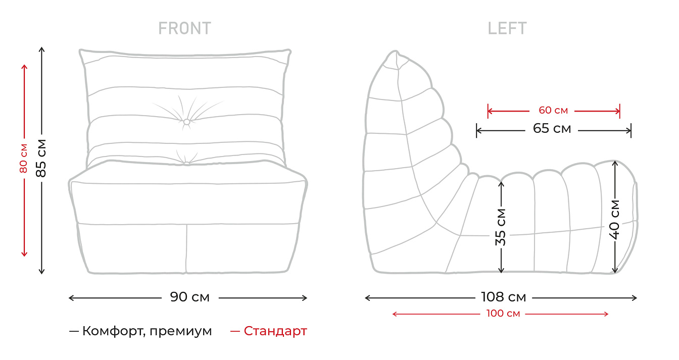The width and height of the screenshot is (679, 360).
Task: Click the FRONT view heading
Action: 185,28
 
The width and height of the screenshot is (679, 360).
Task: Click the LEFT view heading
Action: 507,28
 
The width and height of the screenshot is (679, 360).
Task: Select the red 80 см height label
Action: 24,158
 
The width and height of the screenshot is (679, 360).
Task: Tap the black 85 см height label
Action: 41,158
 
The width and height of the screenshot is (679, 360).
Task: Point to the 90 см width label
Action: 189,297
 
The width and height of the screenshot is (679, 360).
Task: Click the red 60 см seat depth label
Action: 553,111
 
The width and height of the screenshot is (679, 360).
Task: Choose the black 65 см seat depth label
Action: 552,129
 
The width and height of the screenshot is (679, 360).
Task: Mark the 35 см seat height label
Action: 501,227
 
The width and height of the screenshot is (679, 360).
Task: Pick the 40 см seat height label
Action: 615,219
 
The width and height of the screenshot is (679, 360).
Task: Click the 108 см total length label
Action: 504,297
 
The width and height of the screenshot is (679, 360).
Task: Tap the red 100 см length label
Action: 503,314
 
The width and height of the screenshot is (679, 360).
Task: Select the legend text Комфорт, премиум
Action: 147,331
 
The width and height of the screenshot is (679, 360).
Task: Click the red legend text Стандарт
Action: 275,331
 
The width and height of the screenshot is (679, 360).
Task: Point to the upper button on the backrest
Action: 186,122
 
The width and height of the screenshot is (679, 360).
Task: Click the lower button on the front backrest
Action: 186,163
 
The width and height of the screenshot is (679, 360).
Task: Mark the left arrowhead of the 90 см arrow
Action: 71,298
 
